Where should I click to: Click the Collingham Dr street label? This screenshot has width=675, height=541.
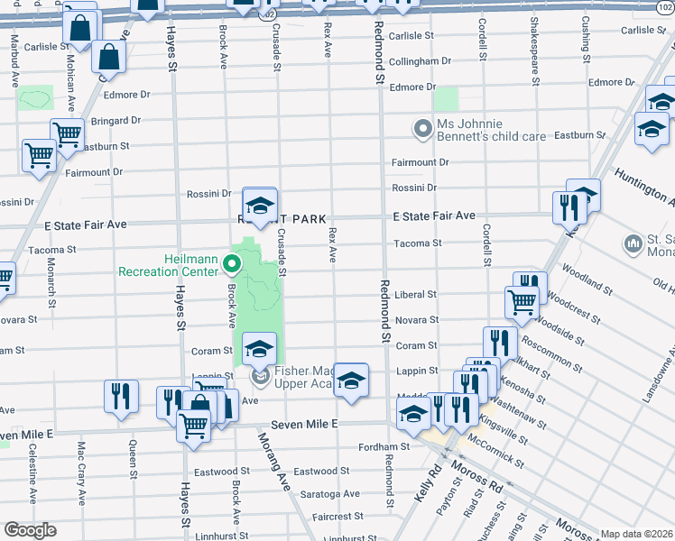(420, 61)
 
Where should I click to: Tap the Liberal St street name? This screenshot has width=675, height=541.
(416, 295)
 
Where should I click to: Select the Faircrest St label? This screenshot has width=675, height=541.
(337, 517)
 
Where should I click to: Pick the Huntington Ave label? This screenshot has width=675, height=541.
(643, 185)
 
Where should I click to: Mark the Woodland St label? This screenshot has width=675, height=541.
(587, 276)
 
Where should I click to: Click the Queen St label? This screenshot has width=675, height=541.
(133, 457)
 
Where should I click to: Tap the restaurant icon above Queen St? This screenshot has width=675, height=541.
(118, 396)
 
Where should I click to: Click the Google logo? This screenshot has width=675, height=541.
(29, 530)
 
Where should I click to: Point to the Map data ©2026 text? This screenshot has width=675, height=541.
(636, 534)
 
